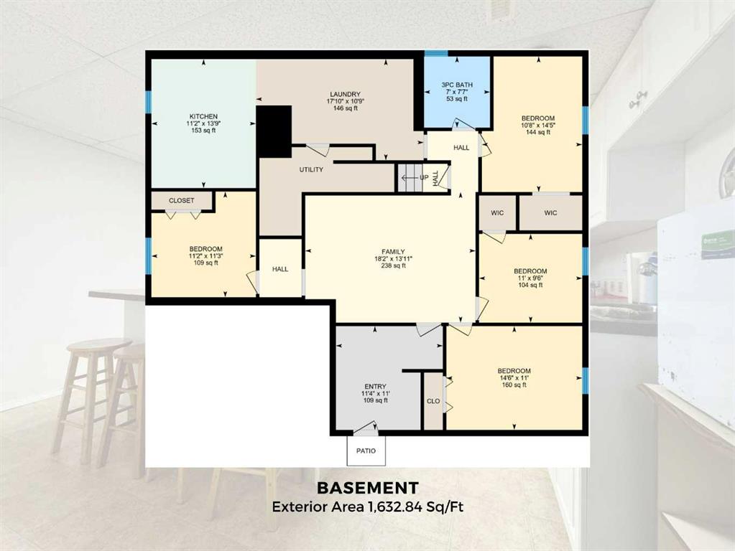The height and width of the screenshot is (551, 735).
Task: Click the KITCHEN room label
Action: click(x=203, y=116)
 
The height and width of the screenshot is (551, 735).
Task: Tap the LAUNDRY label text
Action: click(x=345, y=94)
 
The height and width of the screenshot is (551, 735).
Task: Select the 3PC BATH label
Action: click(x=457, y=85)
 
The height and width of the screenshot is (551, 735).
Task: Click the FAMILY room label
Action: click(x=393, y=252)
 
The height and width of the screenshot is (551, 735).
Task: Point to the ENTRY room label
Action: click(x=376, y=387)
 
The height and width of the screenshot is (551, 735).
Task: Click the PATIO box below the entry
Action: click(x=366, y=451)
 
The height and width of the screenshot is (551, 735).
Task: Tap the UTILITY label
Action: click(x=311, y=170)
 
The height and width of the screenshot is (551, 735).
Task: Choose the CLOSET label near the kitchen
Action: click(x=181, y=200)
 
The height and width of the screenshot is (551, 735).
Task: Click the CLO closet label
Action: click(x=433, y=401)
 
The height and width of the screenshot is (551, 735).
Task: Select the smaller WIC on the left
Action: click(x=497, y=213)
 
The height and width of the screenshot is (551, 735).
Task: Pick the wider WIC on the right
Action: click(x=551, y=213)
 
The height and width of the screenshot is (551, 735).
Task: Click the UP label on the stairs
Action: click(x=424, y=178)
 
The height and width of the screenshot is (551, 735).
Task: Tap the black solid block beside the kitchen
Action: click(x=274, y=131)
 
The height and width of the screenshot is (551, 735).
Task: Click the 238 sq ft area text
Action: click(x=393, y=266)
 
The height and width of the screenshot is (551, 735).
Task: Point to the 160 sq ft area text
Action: click(x=514, y=385)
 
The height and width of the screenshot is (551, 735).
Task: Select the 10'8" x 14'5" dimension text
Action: click(x=538, y=126)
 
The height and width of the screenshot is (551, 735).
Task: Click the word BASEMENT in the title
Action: click(x=368, y=489)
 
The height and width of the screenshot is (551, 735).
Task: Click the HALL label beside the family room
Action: click(x=280, y=269)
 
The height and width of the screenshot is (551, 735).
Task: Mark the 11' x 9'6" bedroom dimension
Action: click(x=530, y=278)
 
